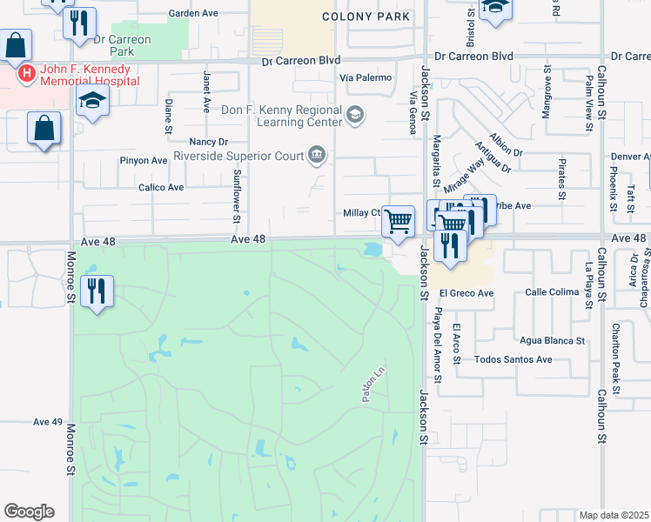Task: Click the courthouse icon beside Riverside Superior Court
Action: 317,157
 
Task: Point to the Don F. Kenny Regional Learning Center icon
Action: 354,115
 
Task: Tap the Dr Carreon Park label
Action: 122,45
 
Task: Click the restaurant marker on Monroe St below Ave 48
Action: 97,289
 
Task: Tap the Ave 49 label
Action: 48,422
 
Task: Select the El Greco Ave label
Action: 466,293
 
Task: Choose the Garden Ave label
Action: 193,14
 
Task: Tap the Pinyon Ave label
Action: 144,161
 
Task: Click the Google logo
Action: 29,512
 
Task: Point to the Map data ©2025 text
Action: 614,515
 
